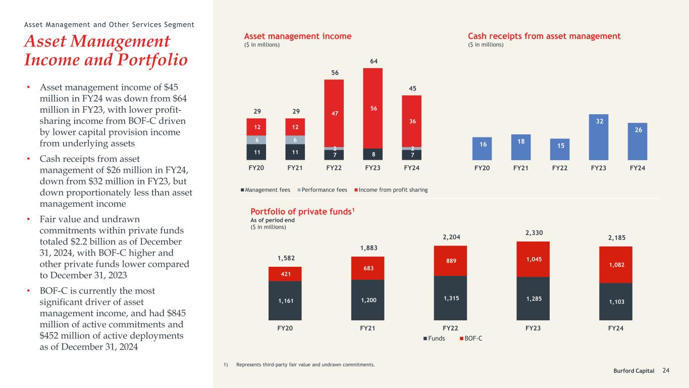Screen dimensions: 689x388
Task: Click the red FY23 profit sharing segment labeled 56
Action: (x=373, y=109)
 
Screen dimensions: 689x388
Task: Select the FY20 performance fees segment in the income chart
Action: (x=257, y=140)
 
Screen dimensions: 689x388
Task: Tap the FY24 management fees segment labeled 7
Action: (x=411, y=155)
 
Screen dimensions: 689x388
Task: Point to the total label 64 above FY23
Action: (x=374, y=61)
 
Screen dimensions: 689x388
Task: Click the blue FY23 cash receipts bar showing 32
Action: (x=599, y=137)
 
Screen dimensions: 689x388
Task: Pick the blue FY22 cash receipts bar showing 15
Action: (x=560, y=150)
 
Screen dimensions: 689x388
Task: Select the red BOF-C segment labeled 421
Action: (x=285, y=274)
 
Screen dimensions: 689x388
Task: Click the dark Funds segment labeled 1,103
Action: (x=615, y=302)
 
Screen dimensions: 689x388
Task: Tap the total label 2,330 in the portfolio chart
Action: (x=534, y=233)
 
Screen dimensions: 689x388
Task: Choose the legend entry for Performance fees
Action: (x=322, y=190)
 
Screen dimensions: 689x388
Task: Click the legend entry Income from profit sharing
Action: (x=391, y=190)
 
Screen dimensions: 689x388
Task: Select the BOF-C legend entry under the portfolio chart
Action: (x=471, y=338)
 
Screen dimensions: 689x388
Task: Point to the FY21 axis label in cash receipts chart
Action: (x=521, y=168)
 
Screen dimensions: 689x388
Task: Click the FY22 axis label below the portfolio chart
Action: (x=450, y=328)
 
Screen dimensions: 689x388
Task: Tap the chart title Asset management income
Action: (x=298, y=36)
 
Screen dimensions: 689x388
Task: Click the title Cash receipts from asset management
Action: (x=544, y=36)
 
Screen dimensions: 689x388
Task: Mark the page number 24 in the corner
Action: (x=666, y=370)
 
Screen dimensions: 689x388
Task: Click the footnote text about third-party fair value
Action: (x=305, y=365)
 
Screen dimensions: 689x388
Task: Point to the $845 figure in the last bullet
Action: (x=176, y=313)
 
